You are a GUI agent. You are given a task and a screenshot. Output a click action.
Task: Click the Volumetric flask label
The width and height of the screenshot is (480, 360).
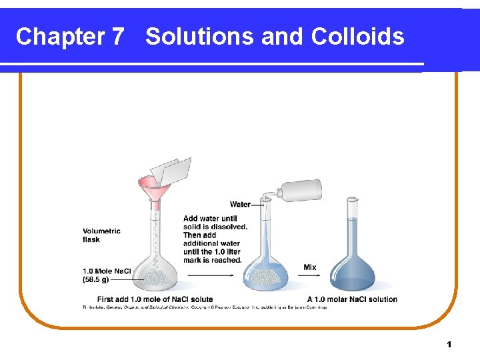(x=101, y=235)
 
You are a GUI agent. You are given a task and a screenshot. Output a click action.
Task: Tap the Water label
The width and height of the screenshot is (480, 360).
(x=240, y=205)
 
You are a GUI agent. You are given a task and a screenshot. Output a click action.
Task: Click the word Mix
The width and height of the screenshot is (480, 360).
(x=310, y=267)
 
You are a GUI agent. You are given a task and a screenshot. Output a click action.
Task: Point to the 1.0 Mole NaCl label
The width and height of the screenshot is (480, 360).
(x=107, y=271)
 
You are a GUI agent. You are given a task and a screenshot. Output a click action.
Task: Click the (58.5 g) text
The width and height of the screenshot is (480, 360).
(x=96, y=280)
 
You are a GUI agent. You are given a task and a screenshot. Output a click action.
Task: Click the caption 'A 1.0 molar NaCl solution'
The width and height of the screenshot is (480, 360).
(x=352, y=299)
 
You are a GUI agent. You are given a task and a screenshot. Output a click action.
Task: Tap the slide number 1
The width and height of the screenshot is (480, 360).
(x=449, y=345)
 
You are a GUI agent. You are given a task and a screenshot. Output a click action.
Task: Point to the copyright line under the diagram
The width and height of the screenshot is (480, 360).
(x=204, y=307)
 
